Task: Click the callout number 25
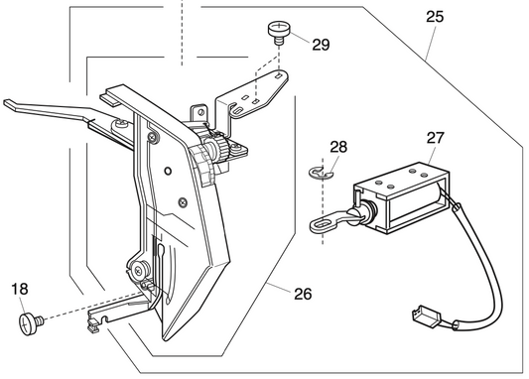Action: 436,18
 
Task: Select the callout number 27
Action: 436,139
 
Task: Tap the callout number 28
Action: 339,147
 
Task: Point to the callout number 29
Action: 321,44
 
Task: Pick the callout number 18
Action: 19,290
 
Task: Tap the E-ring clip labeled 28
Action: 317,175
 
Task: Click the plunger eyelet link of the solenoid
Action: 326,224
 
